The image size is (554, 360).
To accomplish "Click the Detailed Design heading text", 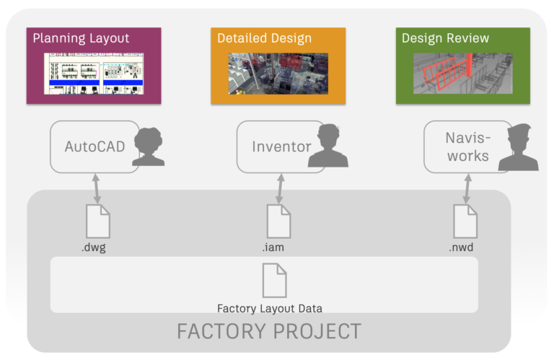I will (x=264, y=39).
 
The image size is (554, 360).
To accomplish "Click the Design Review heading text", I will (x=445, y=39).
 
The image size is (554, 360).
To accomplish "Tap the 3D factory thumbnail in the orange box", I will (x=278, y=74).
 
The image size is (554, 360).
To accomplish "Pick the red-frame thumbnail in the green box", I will (x=462, y=74).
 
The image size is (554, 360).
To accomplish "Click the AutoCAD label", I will (x=94, y=146).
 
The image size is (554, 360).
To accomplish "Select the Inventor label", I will (x=281, y=146).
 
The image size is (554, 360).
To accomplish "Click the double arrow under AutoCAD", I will (x=95, y=189).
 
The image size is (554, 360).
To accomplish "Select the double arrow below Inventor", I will (x=280, y=189).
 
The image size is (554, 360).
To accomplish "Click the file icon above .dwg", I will (x=97, y=221).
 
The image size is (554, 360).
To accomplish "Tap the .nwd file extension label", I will (x=461, y=247).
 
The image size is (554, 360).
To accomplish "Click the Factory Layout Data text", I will (x=270, y=308).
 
